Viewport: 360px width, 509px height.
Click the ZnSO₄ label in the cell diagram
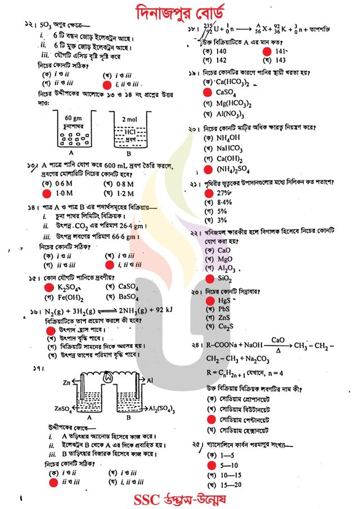tap(48, 407)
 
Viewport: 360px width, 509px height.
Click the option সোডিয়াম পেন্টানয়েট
tap(247, 420)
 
